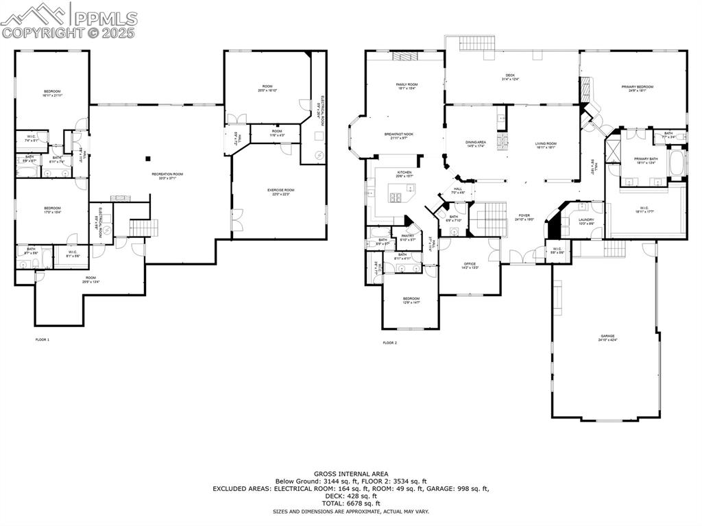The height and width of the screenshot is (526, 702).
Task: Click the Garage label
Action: point(607,337)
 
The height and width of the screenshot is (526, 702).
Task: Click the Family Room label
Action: point(407,86)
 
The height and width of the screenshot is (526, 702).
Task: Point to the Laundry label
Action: point(586,221)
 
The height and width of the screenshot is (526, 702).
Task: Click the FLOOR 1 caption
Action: point(43,339)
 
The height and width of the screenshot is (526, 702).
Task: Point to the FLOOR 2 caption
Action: point(389,342)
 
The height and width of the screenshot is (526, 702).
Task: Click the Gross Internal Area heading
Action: point(351,474)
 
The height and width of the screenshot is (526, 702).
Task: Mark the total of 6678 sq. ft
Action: point(351,503)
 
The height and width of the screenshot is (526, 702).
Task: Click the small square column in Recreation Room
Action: point(147,158)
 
